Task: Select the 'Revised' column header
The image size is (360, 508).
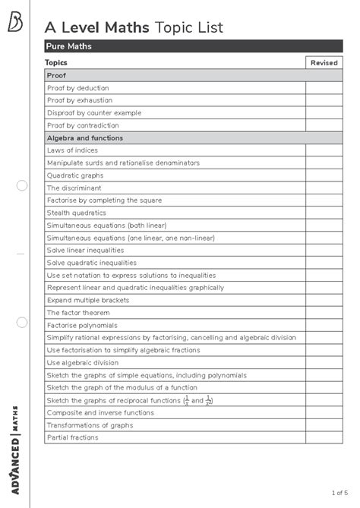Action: pyautogui.click(x=324, y=63)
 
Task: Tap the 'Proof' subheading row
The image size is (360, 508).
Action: pyautogui.click(x=57, y=76)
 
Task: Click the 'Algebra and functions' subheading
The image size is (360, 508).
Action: pyautogui.click(x=85, y=138)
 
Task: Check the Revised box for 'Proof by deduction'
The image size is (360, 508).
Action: pyautogui.click(x=324, y=88)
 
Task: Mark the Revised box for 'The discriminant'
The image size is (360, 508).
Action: pyautogui.click(x=324, y=188)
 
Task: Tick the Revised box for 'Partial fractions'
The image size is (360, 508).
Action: pyautogui.click(x=324, y=437)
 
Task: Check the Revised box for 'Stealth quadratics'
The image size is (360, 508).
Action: pyautogui.click(x=324, y=213)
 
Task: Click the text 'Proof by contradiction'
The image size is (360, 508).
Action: pyautogui.click(x=83, y=125)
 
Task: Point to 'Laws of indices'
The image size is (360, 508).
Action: pyautogui.click(x=73, y=150)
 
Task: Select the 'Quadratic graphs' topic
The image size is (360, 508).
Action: pyautogui.click(x=75, y=175)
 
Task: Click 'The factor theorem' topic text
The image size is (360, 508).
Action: pyautogui.click(x=77, y=313)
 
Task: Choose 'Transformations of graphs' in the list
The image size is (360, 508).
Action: pyautogui.click(x=90, y=425)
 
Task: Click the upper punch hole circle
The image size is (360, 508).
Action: pyautogui.click(x=21, y=185)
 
